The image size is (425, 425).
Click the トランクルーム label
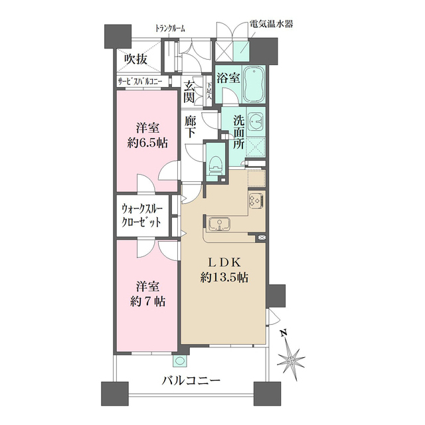coord(170,29)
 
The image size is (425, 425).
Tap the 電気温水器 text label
coord(272,25)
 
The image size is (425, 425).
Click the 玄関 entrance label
coord(189,92)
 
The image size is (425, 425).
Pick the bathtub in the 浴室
coord(254,84)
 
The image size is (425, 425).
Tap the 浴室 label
coord(228,77)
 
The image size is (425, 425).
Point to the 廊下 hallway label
coord(190,126)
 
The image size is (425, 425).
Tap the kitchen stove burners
coord(256,200)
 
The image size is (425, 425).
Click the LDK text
coord(225,261)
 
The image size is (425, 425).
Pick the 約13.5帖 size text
coord(225,278)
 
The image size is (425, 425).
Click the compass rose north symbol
coord(290,357)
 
